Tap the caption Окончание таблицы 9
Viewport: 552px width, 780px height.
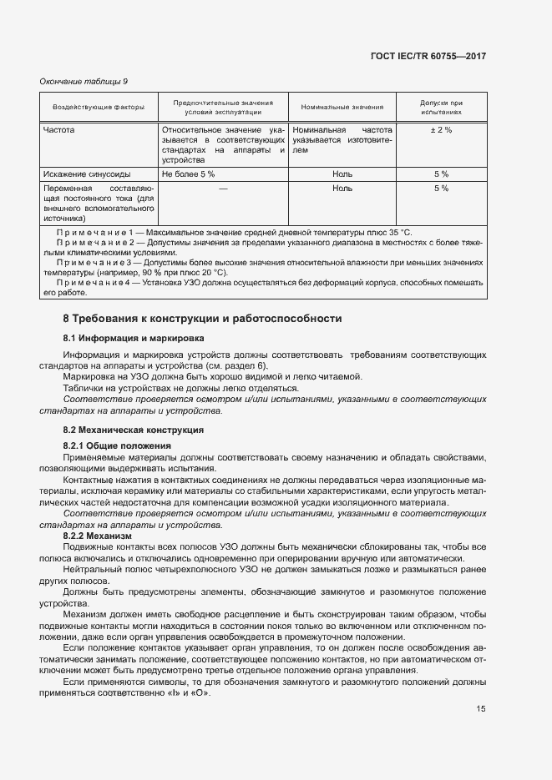coord(84,81)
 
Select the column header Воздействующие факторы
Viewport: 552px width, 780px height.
coord(99,107)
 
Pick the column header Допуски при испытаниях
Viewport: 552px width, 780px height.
coord(441,107)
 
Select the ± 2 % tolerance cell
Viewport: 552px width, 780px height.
coord(441,131)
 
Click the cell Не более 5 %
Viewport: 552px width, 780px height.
coord(189,174)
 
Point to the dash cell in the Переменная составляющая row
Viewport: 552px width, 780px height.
coord(223,189)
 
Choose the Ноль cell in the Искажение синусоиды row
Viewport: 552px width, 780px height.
coord(342,174)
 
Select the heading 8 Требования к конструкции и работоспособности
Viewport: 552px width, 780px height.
coord(203,319)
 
